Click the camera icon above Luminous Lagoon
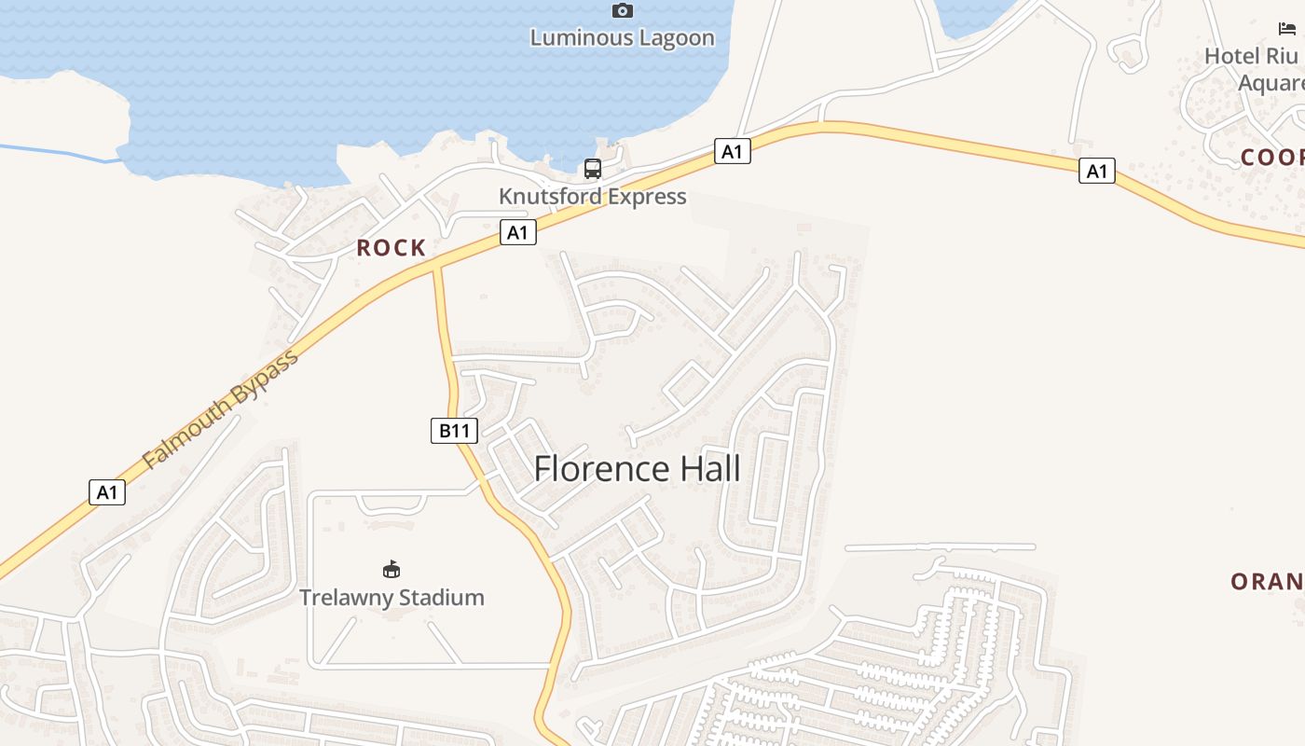623,11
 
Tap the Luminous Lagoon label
623,38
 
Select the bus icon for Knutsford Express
593,169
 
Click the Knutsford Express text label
593,197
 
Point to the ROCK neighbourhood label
391,248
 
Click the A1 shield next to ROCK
518,232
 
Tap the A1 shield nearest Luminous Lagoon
733,151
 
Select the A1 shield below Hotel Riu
1097,171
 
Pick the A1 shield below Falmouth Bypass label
107,492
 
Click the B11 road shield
454,431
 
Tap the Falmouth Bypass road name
221,409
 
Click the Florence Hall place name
638,469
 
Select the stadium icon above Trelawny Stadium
391,569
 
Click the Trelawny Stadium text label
391,598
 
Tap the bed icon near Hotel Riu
1287,29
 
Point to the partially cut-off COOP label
1271,158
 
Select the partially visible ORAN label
1267,582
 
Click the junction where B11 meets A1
435,267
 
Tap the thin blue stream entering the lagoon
56,153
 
